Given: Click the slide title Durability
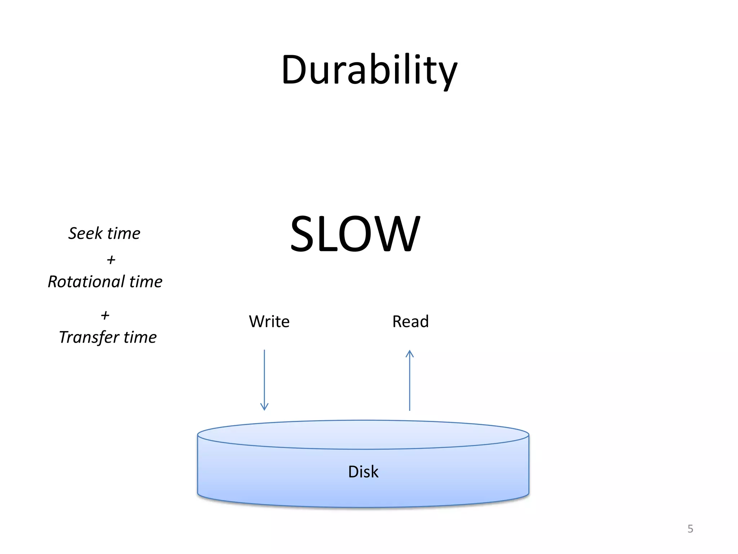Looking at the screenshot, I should (369, 70).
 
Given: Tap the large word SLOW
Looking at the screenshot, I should (355, 234).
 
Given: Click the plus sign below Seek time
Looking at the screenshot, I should (111, 260).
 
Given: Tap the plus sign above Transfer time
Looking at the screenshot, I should (105, 316).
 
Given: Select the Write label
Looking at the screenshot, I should (269, 321).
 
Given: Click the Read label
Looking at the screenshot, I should (410, 321).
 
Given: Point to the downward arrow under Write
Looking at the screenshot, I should (264, 379).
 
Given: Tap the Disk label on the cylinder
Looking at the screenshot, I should (363, 472).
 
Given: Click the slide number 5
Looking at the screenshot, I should (690, 529).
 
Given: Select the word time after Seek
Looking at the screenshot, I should (124, 233).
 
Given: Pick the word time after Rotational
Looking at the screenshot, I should (146, 282).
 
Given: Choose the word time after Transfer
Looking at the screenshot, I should (140, 338).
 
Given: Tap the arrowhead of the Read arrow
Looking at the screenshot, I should (410, 353).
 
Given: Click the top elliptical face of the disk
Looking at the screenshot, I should (363, 435).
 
